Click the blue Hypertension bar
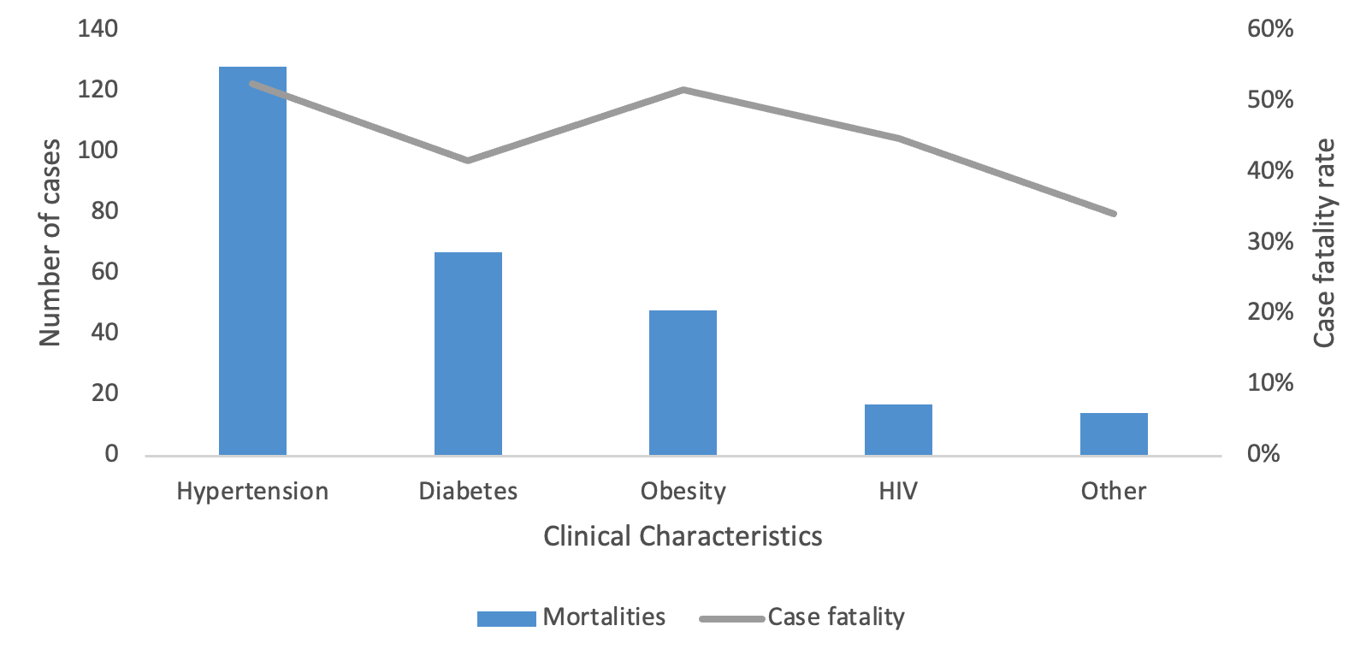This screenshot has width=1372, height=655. pos(252,261)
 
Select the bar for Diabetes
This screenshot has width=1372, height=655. pos(468,353)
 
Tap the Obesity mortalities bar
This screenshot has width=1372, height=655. pos(683,382)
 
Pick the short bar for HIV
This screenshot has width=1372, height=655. pos(898,429)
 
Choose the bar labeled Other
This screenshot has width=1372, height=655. pos(1113,434)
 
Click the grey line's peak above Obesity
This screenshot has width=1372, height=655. pos(683,90)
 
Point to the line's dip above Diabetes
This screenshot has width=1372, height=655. pos(468,160)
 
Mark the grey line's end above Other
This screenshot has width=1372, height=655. pos(1114,213)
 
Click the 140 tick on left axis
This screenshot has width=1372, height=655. pos(98,29)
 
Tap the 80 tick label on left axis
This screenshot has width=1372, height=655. pos(104,211)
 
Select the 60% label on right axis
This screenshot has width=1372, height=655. pos(1270,29)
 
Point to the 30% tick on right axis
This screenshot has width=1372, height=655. pos(1270,241)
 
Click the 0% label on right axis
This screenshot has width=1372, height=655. pos(1263,453)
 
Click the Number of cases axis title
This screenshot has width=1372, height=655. pos(50,242)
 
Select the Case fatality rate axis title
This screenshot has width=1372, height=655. pos(1323,243)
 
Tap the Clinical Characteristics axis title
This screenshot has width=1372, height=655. pos(683,536)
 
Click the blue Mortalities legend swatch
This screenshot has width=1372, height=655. pos(506,618)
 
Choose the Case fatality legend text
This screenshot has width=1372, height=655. pos(836,617)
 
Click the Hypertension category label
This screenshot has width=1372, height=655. pos(252,492)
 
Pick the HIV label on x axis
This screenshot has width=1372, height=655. pos(898,492)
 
